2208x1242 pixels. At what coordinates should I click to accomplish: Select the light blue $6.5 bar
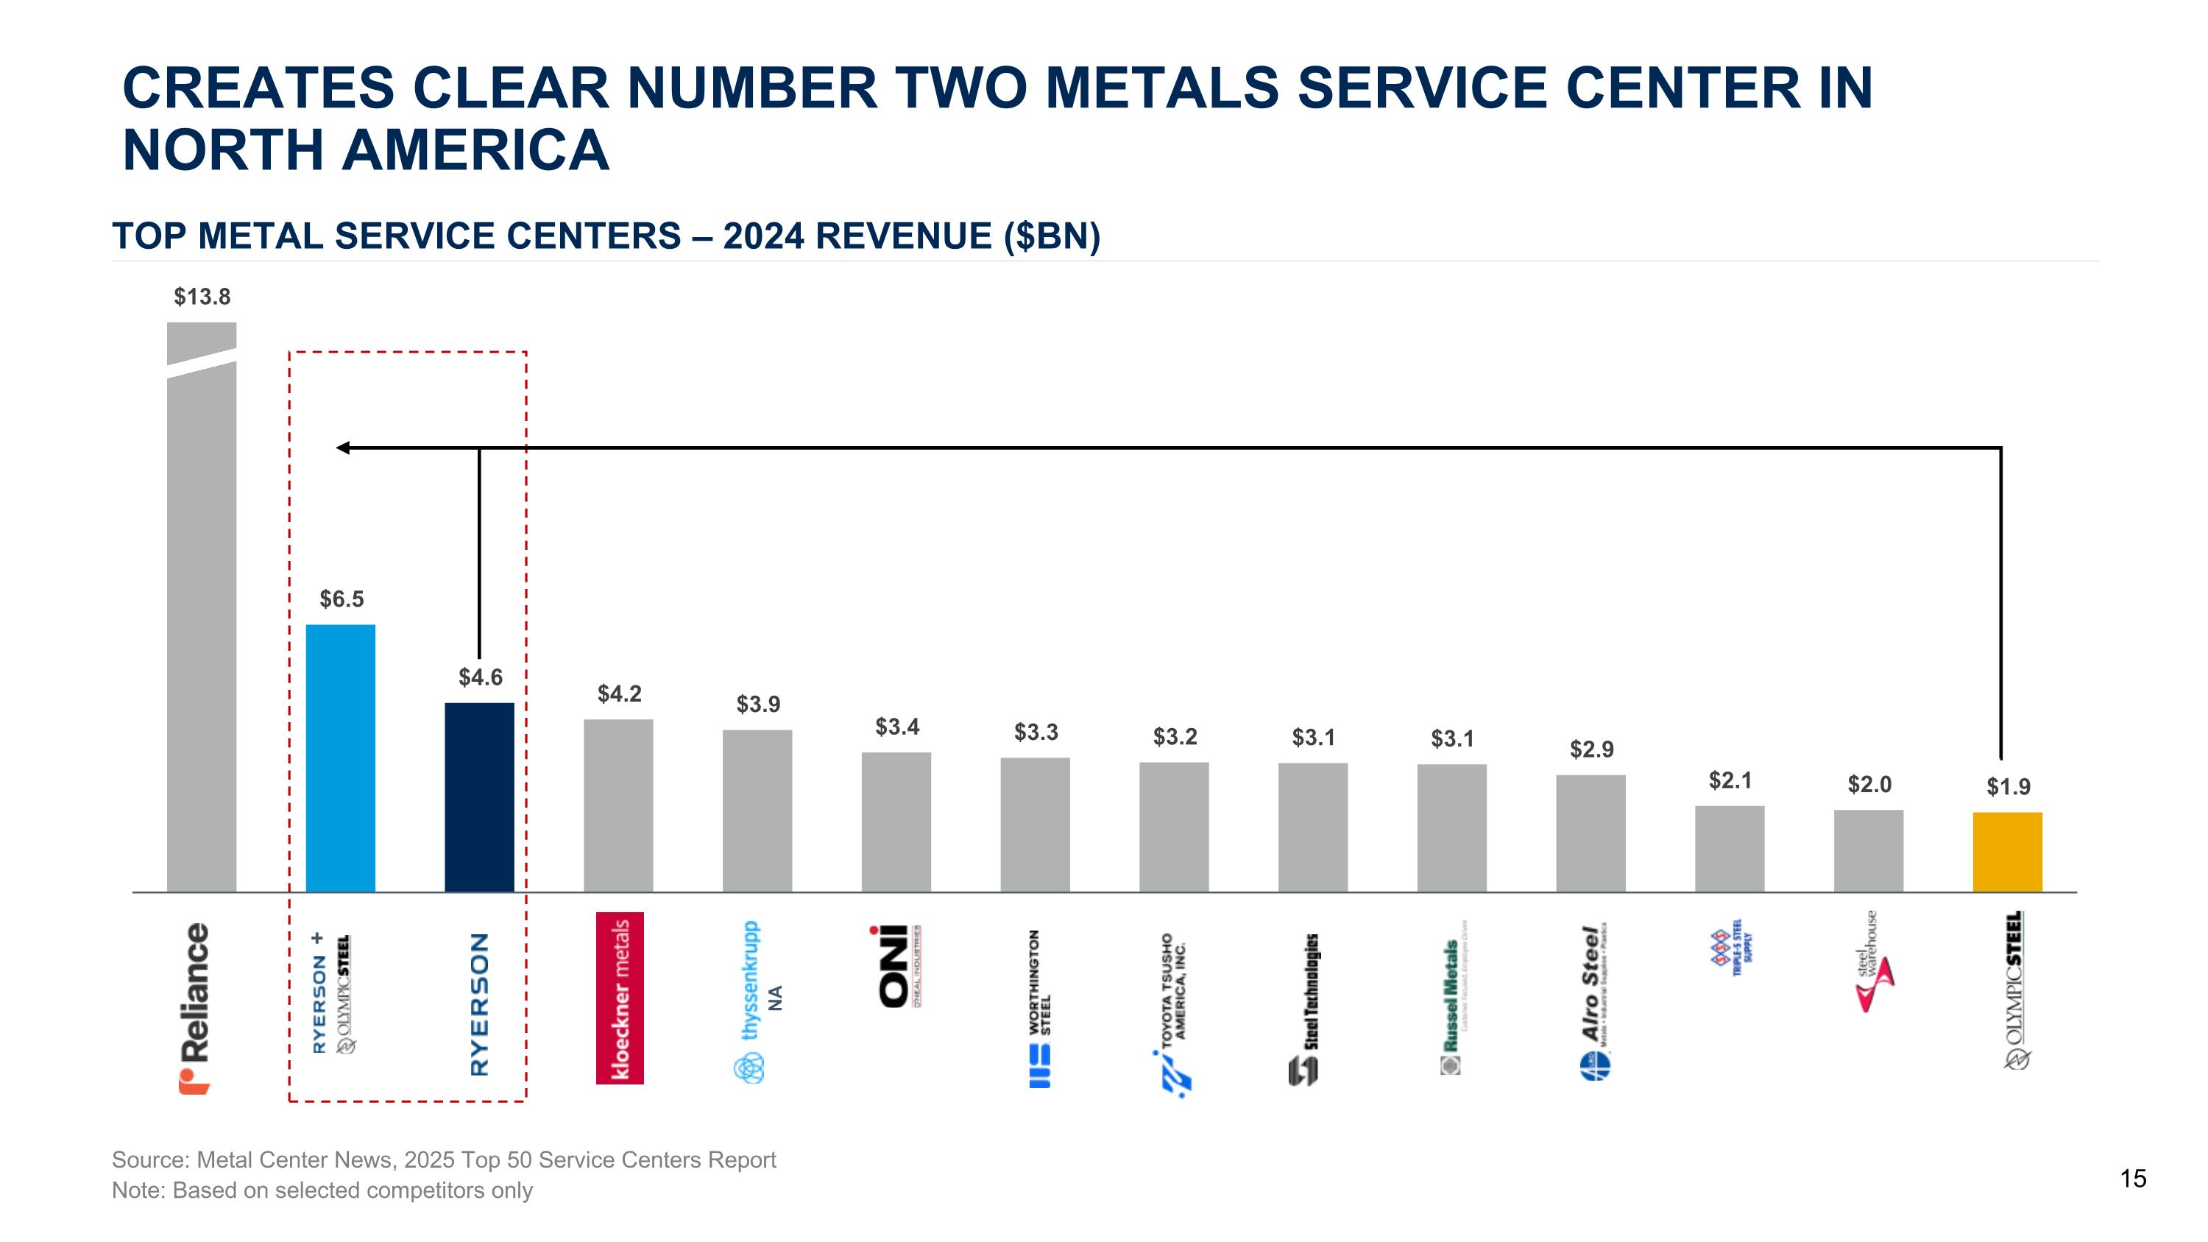(x=340, y=758)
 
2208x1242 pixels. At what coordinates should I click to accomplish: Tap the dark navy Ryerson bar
(x=479, y=797)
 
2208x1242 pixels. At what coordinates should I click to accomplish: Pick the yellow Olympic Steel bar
(x=2007, y=852)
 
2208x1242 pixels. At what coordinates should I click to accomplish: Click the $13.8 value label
(x=202, y=297)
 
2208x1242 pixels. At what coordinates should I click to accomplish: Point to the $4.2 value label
(x=619, y=694)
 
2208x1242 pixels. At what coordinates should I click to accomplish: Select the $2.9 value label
(x=1590, y=749)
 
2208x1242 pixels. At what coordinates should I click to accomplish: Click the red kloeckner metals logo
(x=620, y=998)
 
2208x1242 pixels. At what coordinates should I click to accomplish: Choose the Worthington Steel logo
(x=1040, y=1008)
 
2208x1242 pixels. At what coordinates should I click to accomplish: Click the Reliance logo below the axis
(x=196, y=1008)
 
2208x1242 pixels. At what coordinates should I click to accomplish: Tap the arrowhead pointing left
(x=342, y=448)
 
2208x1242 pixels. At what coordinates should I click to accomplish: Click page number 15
(x=2134, y=1179)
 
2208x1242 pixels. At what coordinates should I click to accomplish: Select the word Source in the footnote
(x=150, y=1160)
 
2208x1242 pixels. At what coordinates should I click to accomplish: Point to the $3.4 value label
(x=896, y=727)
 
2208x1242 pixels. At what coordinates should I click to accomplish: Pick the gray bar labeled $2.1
(x=1730, y=849)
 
